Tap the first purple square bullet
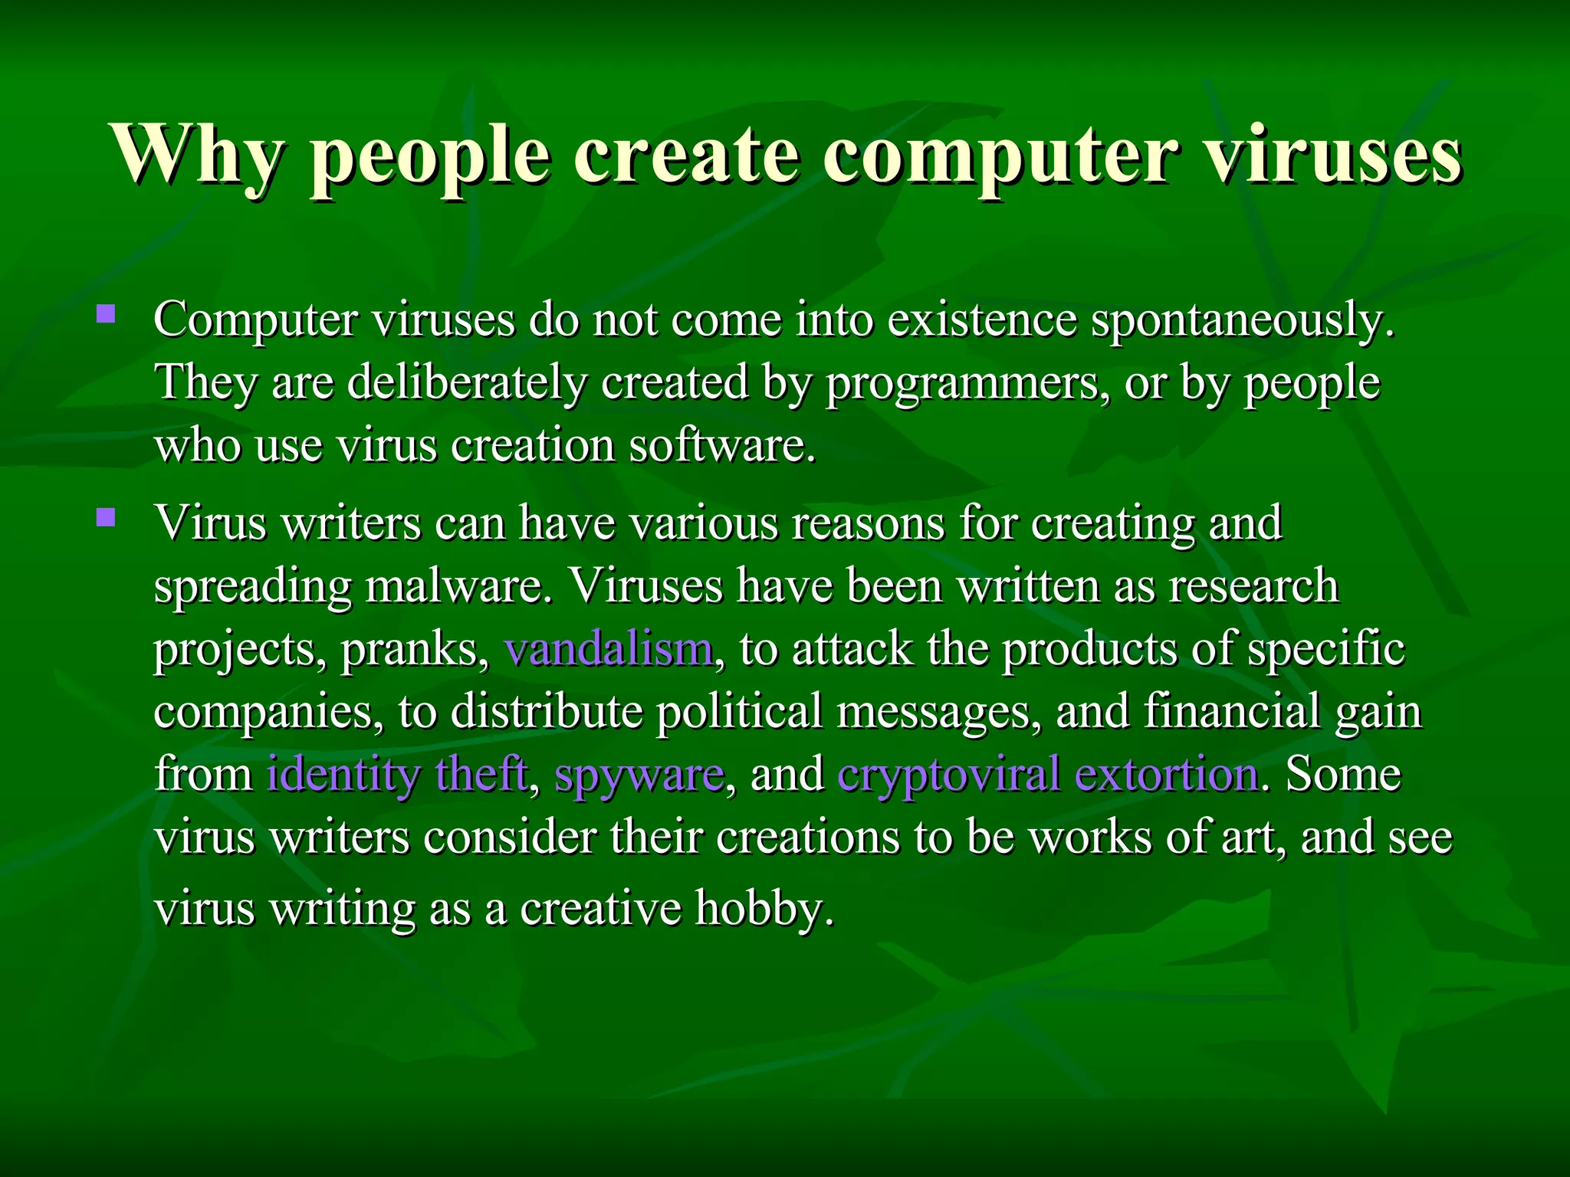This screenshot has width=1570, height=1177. point(106,314)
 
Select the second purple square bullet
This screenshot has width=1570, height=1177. point(106,518)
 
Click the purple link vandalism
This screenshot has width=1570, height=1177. point(609,648)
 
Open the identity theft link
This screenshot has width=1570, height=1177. point(397,774)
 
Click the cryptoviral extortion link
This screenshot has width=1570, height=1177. point(1047,774)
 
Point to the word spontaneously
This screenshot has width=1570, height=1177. point(1242,320)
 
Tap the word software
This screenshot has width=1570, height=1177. point(722,445)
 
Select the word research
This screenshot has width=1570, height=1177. point(1253,586)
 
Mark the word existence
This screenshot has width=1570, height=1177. point(982,320)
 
